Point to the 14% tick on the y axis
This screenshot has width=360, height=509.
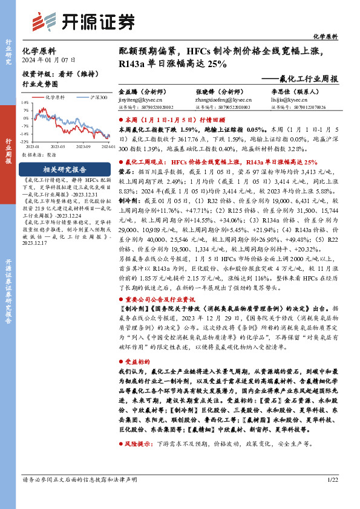pos(25,103)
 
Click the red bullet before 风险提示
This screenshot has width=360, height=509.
pos(120,460)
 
